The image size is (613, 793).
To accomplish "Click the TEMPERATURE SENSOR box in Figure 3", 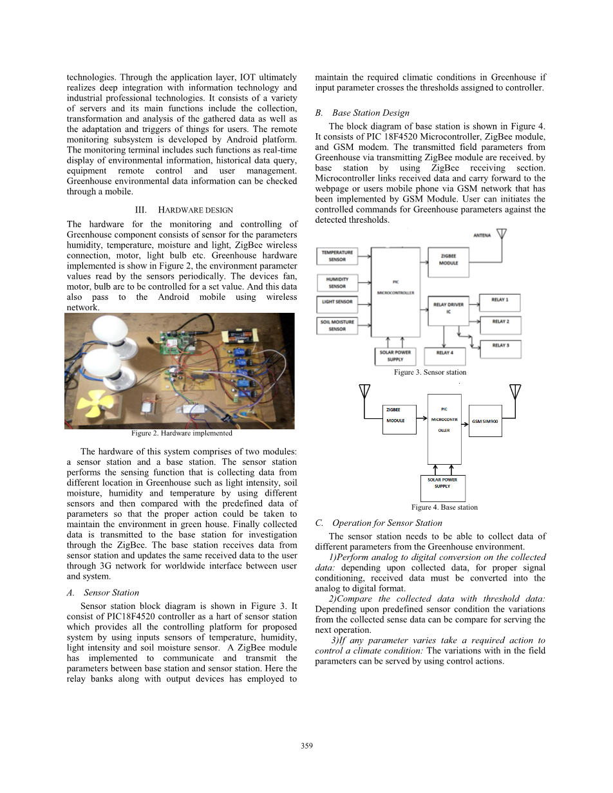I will click(x=337, y=256).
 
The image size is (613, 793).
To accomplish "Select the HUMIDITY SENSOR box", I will click(x=337, y=283).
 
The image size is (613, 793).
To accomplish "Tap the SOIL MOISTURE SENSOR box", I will click(x=337, y=325).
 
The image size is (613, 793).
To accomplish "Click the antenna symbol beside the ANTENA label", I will click(x=501, y=235).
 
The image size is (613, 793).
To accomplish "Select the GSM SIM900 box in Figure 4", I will click(x=485, y=421).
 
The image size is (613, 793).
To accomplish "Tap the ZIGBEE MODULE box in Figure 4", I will click(x=399, y=416).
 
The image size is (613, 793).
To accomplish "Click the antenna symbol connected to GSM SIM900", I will click(x=514, y=391).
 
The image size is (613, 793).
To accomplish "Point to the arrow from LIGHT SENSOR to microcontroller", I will click(x=366, y=302).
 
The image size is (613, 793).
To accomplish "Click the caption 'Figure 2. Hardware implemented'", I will click(x=182, y=433).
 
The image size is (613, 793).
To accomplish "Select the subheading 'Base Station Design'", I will click(x=370, y=113).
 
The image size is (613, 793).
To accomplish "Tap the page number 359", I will click(x=306, y=746).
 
